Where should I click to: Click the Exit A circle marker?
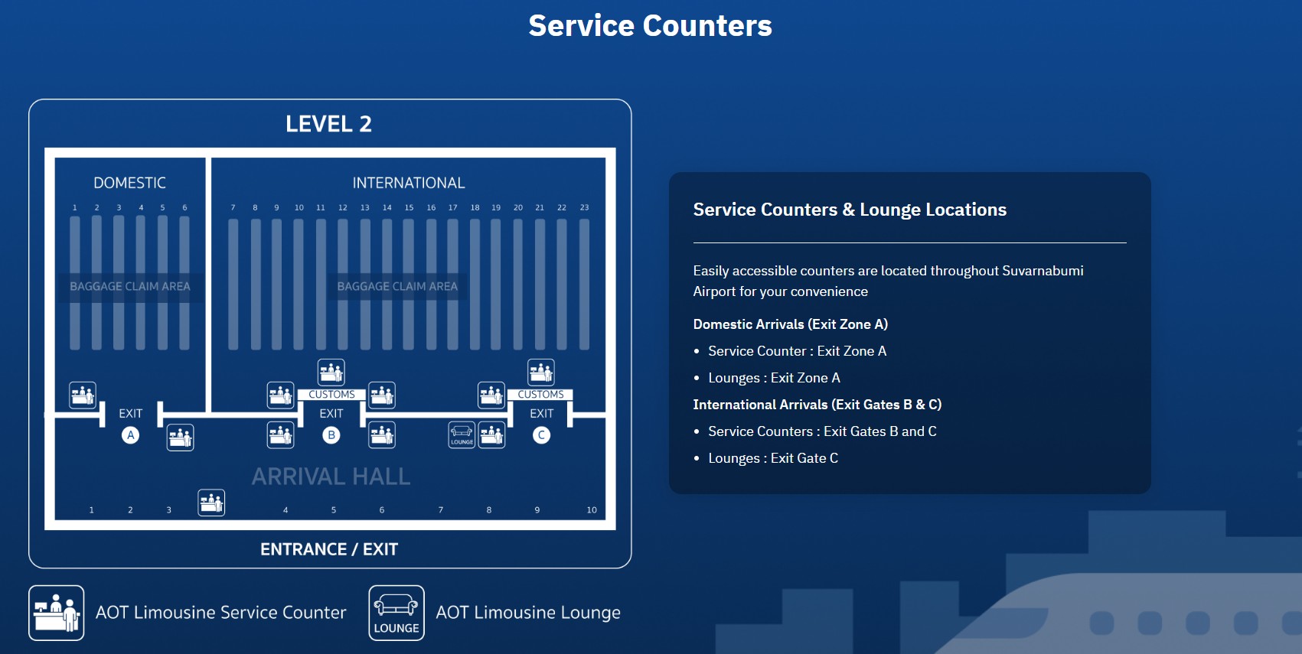pyautogui.click(x=131, y=435)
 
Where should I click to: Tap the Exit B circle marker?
pyautogui.click(x=331, y=435)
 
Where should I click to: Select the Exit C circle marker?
pyautogui.click(x=541, y=435)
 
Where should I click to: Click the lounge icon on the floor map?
pyautogui.click(x=462, y=434)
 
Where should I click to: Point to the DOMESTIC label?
pyautogui.click(x=129, y=183)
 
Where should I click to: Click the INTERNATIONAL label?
pyautogui.click(x=408, y=183)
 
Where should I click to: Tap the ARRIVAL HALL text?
pyautogui.click(x=331, y=477)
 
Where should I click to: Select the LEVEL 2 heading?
pyautogui.click(x=328, y=124)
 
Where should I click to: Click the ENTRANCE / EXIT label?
pyautogui.click(x=329, y=549)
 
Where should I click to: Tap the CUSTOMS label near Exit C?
pyautogui.click(x=540, y=395)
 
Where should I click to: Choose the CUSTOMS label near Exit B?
pyautogui.click(x=331, y=395)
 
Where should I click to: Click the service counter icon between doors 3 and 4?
pyautogui.click(x=211, y=503)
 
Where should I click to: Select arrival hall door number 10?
pyautogui.click(x=592, y=510)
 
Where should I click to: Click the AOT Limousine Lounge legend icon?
pyautogui.click(x=396, y=613)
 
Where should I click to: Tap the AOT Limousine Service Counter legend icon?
pyautogui.click(x=57, y=613)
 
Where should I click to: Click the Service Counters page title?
pyautogui.click(x=650, y=26)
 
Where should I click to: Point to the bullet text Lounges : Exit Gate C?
pyautogui.click(x=772, y=458)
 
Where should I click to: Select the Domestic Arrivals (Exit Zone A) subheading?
pyautogui.click(x=790, y=324)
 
